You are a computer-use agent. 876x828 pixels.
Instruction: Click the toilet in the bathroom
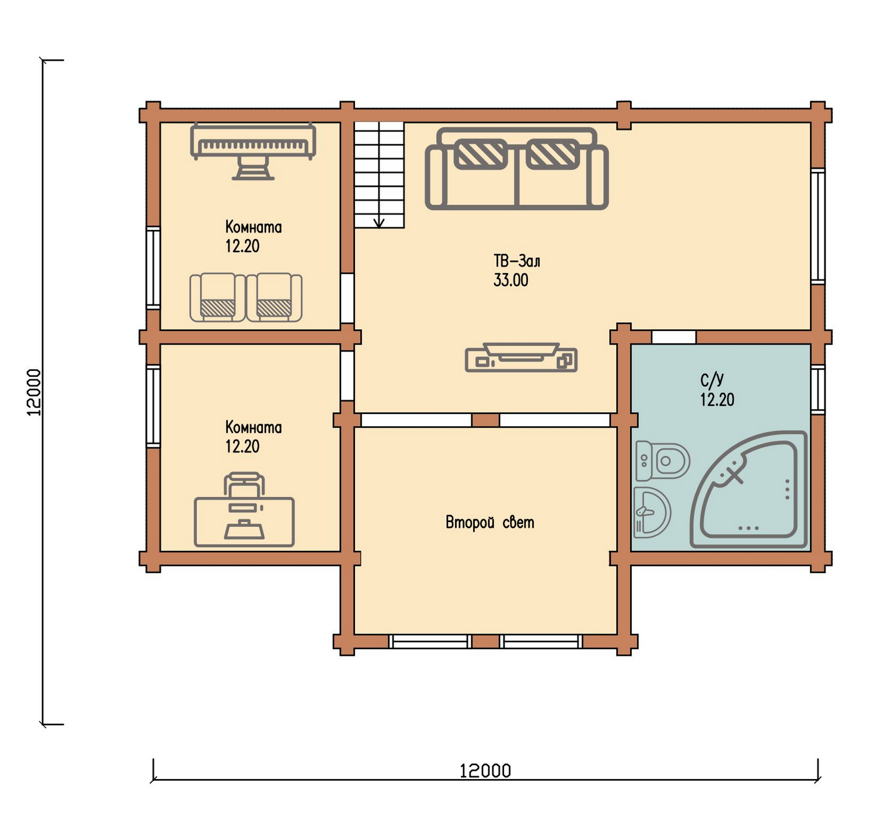click(662, 460)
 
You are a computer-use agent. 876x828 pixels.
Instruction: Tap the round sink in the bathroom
click(651, 512)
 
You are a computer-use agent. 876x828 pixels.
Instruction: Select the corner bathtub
click(749, 489)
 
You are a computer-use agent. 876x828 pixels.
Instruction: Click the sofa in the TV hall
click(516, 168)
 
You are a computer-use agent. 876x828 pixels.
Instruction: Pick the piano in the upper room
click(253, 141)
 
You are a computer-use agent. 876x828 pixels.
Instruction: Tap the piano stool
click(253, 168)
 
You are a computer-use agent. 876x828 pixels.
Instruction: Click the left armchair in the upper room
click(217, 297)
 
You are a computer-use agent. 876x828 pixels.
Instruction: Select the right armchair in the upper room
click(274, 297)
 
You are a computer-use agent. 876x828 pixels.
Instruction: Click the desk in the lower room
click(244, 522)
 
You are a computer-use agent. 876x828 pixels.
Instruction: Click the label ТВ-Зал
click(517, 260)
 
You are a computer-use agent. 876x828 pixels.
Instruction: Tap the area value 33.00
click(510, 280)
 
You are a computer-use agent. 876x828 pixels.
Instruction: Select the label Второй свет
click(490, 522)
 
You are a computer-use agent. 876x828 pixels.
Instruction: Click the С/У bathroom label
click(711, 380)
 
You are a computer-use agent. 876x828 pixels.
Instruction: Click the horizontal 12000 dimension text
click(485, 771)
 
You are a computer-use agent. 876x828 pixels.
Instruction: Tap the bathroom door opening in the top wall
click(674, 337)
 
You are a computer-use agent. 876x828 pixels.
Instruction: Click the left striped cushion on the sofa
click(480, 154)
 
